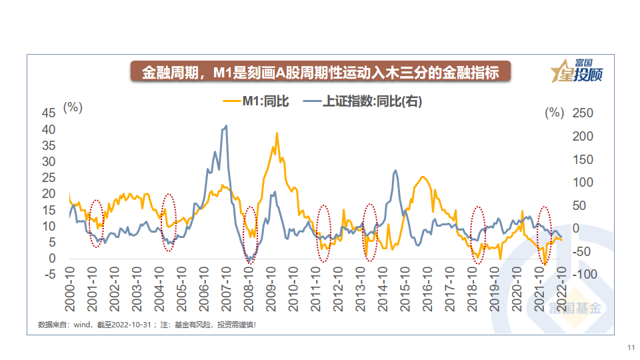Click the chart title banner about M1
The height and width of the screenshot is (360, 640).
point(320,72)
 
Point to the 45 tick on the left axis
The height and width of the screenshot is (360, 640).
point(49,113)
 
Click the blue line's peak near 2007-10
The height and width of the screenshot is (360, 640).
point(226,126)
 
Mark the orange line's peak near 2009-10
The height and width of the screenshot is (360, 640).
point(277,133)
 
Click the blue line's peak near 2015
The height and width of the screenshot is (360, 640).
point(395,171)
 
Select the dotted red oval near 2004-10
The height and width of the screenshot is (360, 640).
point(169,223)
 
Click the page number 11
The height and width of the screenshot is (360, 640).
point(630,348)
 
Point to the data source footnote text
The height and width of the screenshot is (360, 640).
point(147,325)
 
